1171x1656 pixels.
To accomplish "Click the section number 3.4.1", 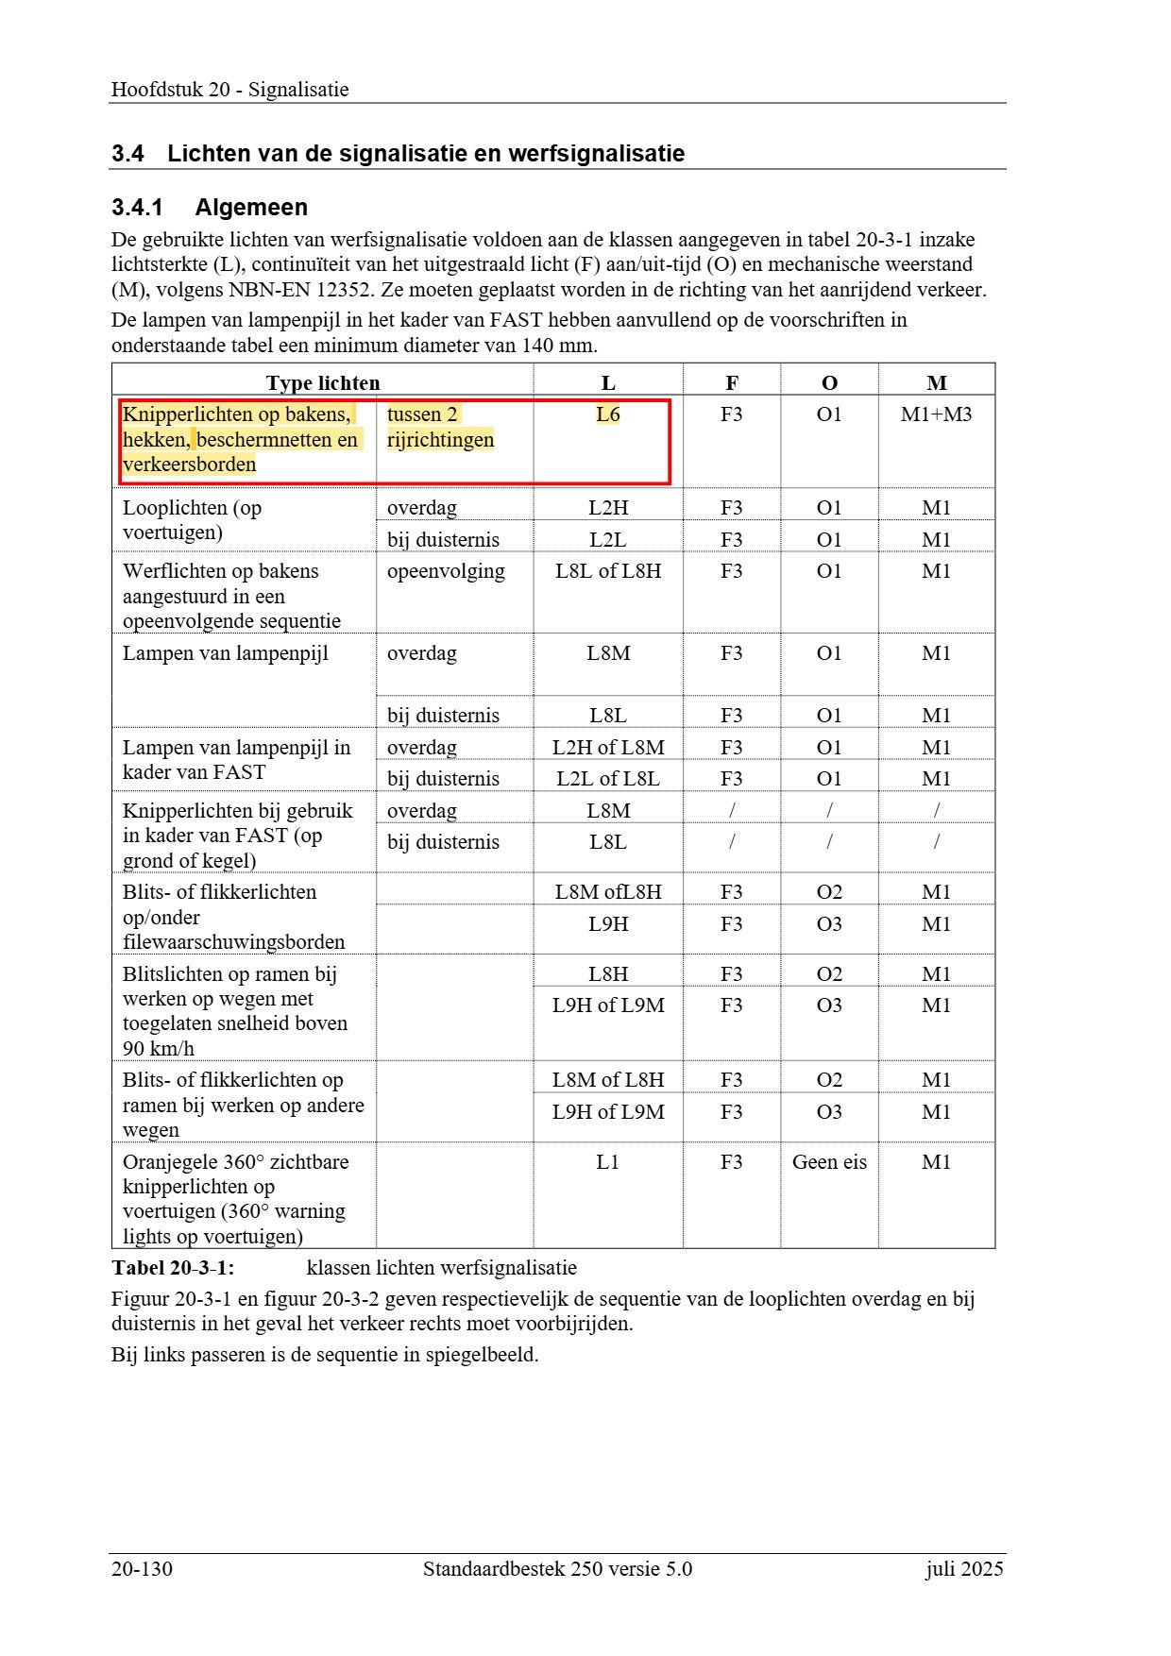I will pyautogui.click(x=137, y=208).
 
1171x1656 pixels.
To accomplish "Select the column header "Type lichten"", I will pyautogui.click(x=323, y=383).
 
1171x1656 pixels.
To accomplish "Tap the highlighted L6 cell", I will pyautogui.click(x=608, y=414).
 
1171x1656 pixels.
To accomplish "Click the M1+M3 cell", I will pyautogui.click(x=936, y=414).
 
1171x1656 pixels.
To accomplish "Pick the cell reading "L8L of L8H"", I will pyautogui.click(x=608, y=571).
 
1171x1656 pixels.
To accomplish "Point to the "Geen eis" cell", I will pyautogui.click(x=829, y=1162).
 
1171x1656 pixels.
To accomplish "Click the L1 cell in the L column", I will pyautogui.click(x=608, y=1162).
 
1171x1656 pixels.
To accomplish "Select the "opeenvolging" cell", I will pyautogui.click(x=446, y=571).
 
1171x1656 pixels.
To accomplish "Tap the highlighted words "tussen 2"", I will pyautogui.click(x=422, y=414).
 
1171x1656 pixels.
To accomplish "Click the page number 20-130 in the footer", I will pyautogui.click(x=142, y=1569).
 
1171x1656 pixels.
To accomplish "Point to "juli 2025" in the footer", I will pyautogui.click(x=964, y=1569).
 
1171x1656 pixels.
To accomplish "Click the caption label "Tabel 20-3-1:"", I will pyautogui.click(x=173, y=1268).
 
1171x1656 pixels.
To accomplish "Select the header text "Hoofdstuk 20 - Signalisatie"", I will pyautogui.click(x=230, y=90).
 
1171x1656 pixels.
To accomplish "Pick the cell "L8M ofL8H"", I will pyautogui.click(x=608, y=892).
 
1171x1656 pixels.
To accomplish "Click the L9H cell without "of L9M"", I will pyautogui.click(x=608, y=924).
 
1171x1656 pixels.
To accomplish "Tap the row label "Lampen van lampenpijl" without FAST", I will pyautogui.click(x=226, y=653).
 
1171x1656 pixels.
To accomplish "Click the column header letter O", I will pyautogui.click(x=829, y=383).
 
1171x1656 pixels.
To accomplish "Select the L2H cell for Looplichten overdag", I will pyautogui.click(x=608, y=508).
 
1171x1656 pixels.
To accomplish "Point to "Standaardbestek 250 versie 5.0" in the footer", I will pyautogui.click(x=557, y=1569).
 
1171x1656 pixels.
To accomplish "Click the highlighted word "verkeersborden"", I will pyautogui.click(x=190, y=465).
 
